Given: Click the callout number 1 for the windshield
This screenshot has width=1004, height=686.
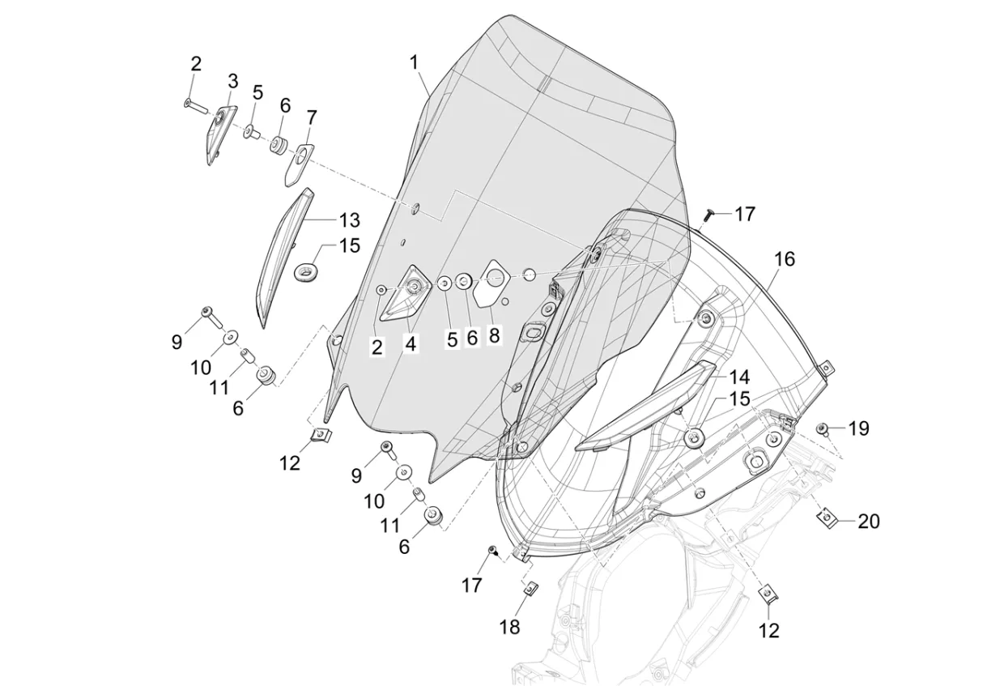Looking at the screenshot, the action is [414, 63].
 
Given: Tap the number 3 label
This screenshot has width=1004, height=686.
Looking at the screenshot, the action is [232, 82].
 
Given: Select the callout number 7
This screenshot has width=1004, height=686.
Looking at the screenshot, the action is [312, 118].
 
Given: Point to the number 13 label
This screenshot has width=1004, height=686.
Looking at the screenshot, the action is [349, 220].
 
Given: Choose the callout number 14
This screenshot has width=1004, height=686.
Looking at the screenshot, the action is [739, 377].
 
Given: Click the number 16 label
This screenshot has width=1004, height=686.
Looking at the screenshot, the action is [785, 260].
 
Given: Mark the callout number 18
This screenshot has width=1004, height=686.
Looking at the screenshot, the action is [509, 627].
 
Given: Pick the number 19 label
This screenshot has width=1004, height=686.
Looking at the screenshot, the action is [859, 428].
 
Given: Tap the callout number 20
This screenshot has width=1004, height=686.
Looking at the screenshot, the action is [869, 522].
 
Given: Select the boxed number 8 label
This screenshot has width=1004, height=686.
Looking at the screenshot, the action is [494, 335].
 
